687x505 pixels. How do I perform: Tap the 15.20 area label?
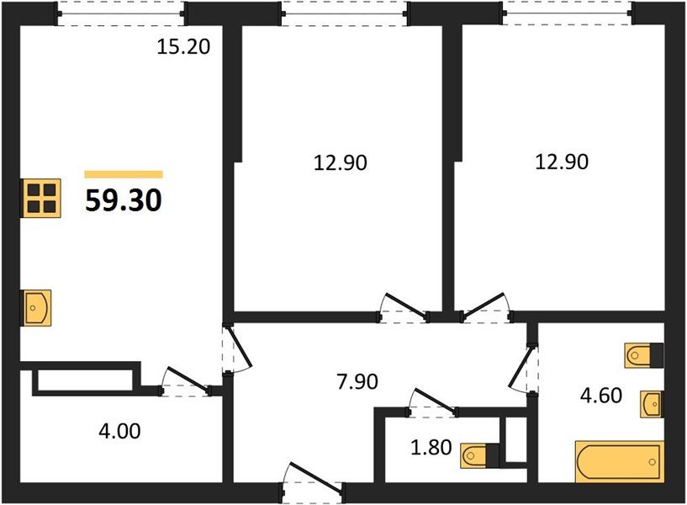[182, 47]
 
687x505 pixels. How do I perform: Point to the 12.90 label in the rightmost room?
[561, 161]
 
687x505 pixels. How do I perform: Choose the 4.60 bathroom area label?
[600, 395]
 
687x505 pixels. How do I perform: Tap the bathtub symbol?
[619, 462]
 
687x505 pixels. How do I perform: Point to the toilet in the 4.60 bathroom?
[643, 355]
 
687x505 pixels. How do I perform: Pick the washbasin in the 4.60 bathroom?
[651, 404]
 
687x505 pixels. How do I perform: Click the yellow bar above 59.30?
[124, 174]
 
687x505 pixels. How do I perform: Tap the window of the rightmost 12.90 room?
[567, 13]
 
